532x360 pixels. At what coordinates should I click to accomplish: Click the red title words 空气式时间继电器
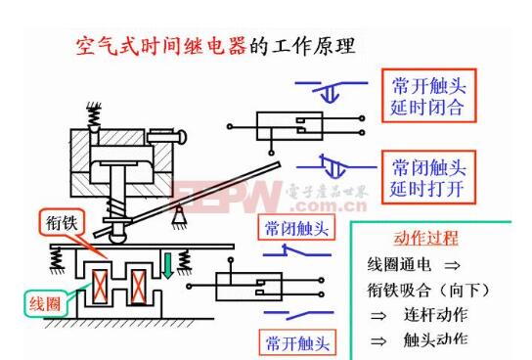coord(157,47)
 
